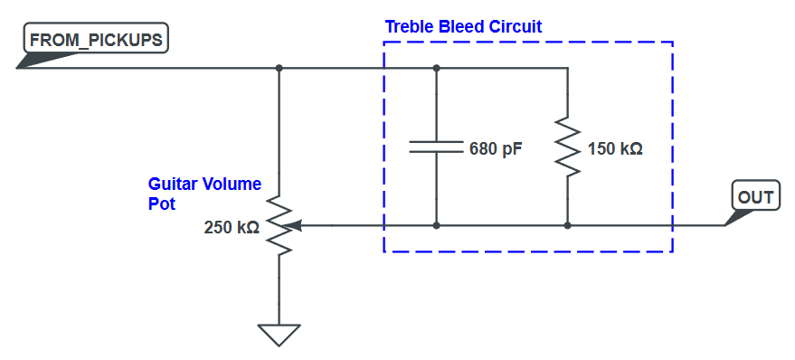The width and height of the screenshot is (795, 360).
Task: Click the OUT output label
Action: click(x=755, y=197)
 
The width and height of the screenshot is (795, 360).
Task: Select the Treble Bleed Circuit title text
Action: click(x=463, y=26)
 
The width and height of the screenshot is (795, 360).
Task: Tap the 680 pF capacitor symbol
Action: click(x=437, y=147)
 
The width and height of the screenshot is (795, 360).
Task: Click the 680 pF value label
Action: click(x=496, y=148)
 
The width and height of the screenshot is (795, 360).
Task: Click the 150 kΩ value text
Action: click(x=615, y=148)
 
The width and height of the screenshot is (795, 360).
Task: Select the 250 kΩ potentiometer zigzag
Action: click(x=279, y=225)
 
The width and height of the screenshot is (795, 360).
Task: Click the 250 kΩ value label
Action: click(x=232, y=228)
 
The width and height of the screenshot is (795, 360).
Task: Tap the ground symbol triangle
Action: click(x=279, y=334)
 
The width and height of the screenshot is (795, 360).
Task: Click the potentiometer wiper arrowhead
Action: click(x=296, y=225)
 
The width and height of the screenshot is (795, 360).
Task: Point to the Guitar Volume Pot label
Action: click(x=204, y=194)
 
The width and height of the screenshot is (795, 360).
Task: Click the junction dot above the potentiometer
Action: click(x=279, y=68)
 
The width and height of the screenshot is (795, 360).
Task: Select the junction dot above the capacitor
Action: click(x=437, y=68)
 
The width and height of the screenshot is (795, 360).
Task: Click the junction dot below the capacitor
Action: click(x=437, y=225)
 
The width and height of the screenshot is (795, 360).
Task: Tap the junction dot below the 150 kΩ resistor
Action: click(x=567, y=225)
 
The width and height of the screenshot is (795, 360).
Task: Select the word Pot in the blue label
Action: click(x=161, y=204)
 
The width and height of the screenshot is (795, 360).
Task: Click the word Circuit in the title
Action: click(x=516, y=26)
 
